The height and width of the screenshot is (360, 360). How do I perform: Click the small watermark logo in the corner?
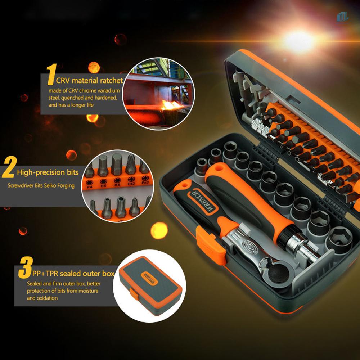coord(342,16)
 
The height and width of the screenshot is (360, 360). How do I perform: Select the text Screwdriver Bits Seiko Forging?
coord(41,186)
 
